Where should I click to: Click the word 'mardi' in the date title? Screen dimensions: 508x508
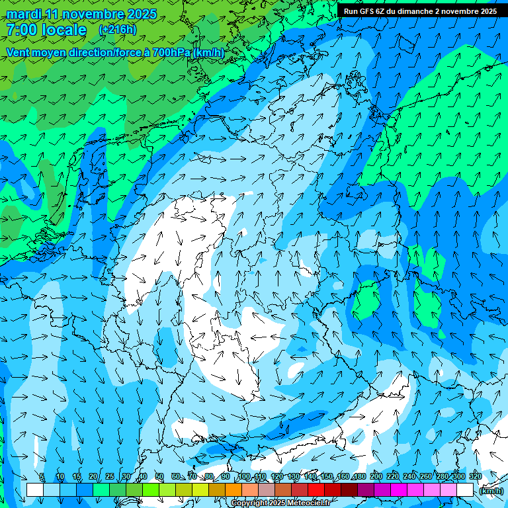pos(24,14)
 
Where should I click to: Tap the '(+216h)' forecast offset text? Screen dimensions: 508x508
pos(117,30)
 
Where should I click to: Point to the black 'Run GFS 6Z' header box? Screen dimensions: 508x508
pos(421,11)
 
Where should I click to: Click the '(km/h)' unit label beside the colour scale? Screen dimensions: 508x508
pos(491,491)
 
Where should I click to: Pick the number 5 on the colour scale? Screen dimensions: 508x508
pos(42,477)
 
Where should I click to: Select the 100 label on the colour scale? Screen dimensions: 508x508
pos(243,477)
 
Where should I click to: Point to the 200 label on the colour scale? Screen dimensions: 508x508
pos(376,477)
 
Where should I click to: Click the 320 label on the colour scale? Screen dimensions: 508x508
pos(475,477)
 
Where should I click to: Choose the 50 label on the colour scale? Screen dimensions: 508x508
pos(159,477)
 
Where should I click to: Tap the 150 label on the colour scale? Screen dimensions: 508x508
pos(327,477)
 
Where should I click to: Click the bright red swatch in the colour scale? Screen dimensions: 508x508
pos(316,489)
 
